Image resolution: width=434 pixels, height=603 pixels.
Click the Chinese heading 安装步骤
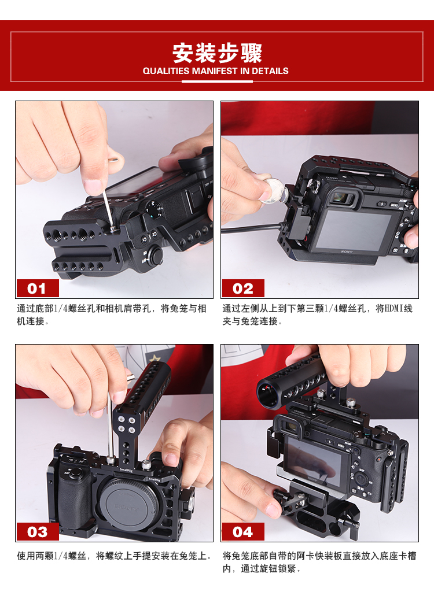[217, 53]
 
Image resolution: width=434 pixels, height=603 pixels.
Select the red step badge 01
[37, 288]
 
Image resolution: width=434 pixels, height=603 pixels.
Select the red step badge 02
[243, 288]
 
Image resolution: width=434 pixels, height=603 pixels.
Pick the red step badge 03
[37, 532]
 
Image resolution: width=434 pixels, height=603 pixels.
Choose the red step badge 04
[243, 532]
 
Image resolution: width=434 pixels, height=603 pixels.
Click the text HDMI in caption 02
[394, 308]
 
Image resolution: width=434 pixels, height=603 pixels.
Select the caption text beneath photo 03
[114, 556]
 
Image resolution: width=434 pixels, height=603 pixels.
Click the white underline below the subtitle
[217, 82]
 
